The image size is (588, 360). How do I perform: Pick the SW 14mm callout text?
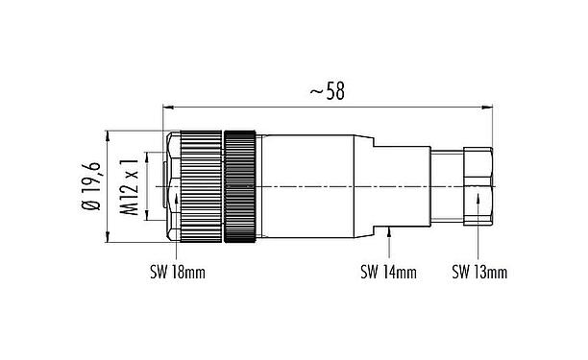388,273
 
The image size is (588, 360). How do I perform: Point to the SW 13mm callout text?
479,273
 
